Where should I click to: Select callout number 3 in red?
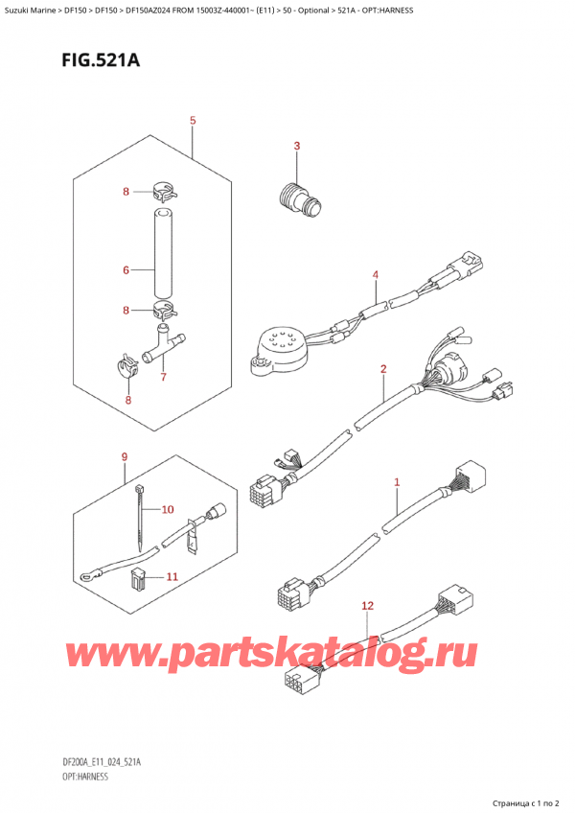297,146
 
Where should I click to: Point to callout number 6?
126,271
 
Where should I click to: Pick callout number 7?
163,377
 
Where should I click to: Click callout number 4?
376,275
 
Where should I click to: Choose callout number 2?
383,369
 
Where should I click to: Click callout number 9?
124,458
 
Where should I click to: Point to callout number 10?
168,509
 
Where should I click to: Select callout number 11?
172,576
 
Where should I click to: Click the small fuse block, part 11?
138,578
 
